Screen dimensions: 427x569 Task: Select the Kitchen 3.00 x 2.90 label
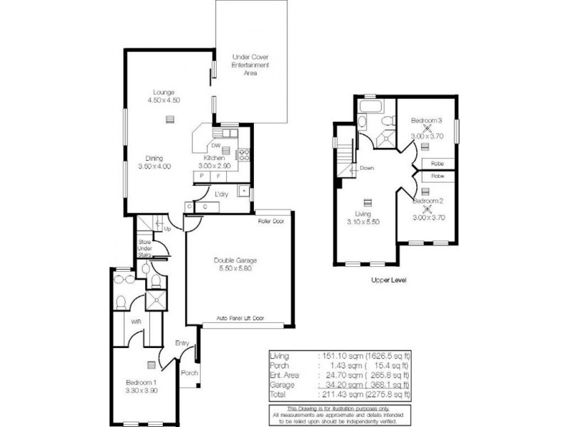coord(214,162)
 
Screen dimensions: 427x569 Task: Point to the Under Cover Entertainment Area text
coord(250,64)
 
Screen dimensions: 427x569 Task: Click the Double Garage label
coord(233,265)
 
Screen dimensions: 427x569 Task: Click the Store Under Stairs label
coord(145,249)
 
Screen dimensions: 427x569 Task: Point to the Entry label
coord(183,344)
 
